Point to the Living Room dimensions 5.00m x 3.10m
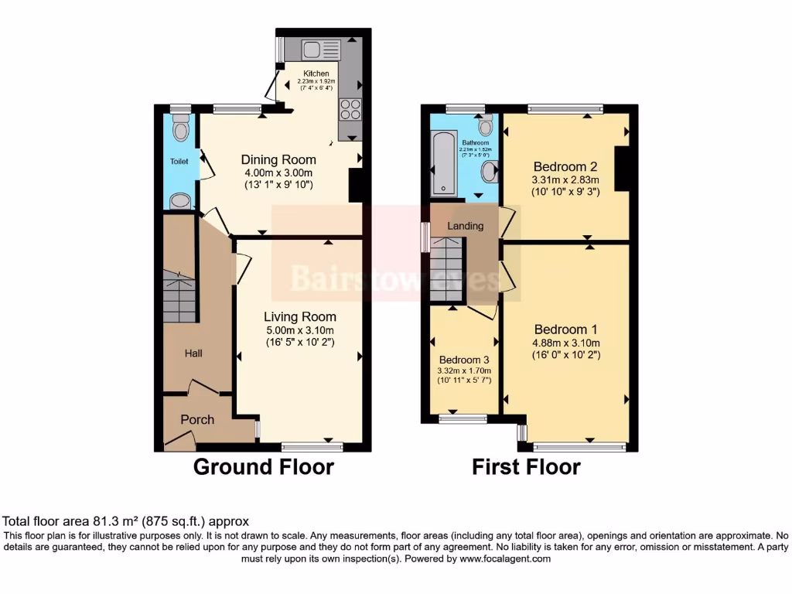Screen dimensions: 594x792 [x=299, y=330]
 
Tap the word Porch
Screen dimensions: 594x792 [x=197, y=419]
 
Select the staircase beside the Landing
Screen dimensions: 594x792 [x=446, y=271]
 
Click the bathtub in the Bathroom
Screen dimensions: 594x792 [x=443, y=164]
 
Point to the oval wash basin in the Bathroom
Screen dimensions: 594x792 [x=490, y=172]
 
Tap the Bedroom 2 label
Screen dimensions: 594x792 [x=565, y=166]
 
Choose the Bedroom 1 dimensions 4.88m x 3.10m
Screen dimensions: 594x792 [x=565, y=343]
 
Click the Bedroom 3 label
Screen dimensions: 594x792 [x=464, y=360]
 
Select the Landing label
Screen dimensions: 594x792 [x=466, y=226]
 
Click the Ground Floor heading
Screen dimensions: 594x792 [x=263, y=467]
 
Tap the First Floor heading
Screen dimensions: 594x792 [x=526, y=467]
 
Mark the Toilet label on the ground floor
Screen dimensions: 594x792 [x=179, y=162]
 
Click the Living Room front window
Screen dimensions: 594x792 [x=312, y=445]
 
